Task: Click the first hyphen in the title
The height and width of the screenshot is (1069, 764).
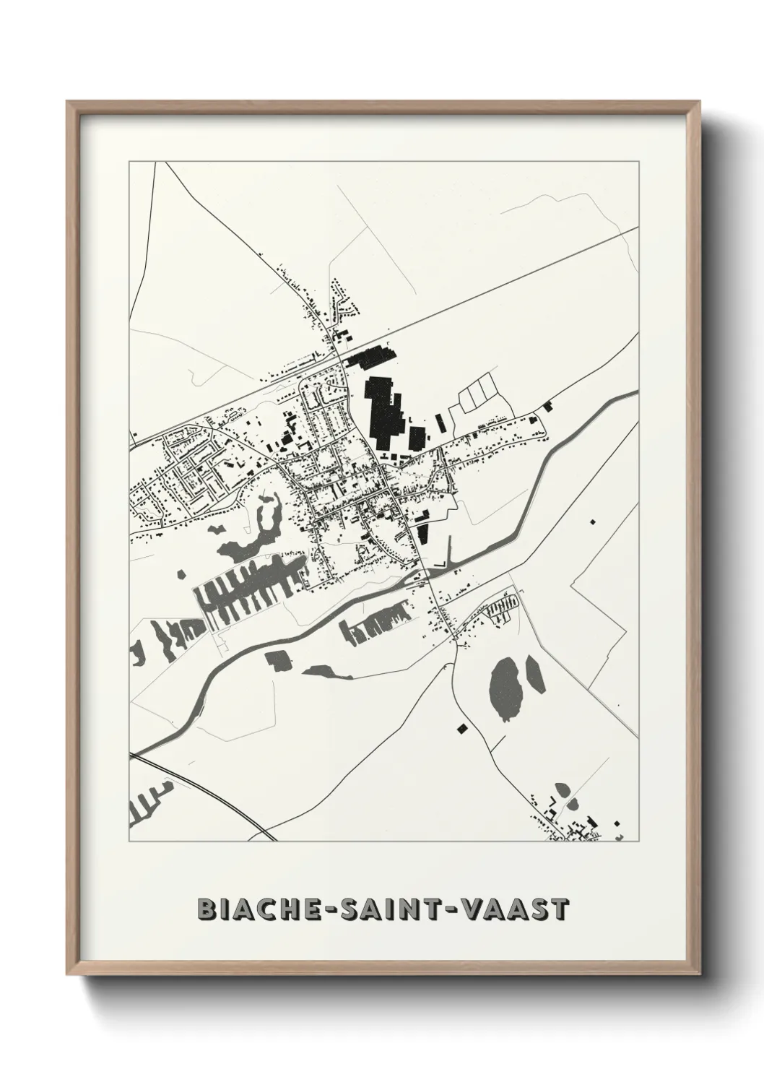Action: pyautogui.click(x=316, y=910)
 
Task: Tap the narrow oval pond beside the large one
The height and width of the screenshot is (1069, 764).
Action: pyautogui.click(x=535, y=674)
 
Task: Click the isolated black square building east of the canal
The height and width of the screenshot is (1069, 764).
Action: pyautogui.click(x=593, y=521)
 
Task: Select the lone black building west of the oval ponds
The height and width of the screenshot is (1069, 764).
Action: pyautogui.click(x=461, y=728)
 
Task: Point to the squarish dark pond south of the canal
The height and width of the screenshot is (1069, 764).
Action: pyautogui.click(x=277, y=659)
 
